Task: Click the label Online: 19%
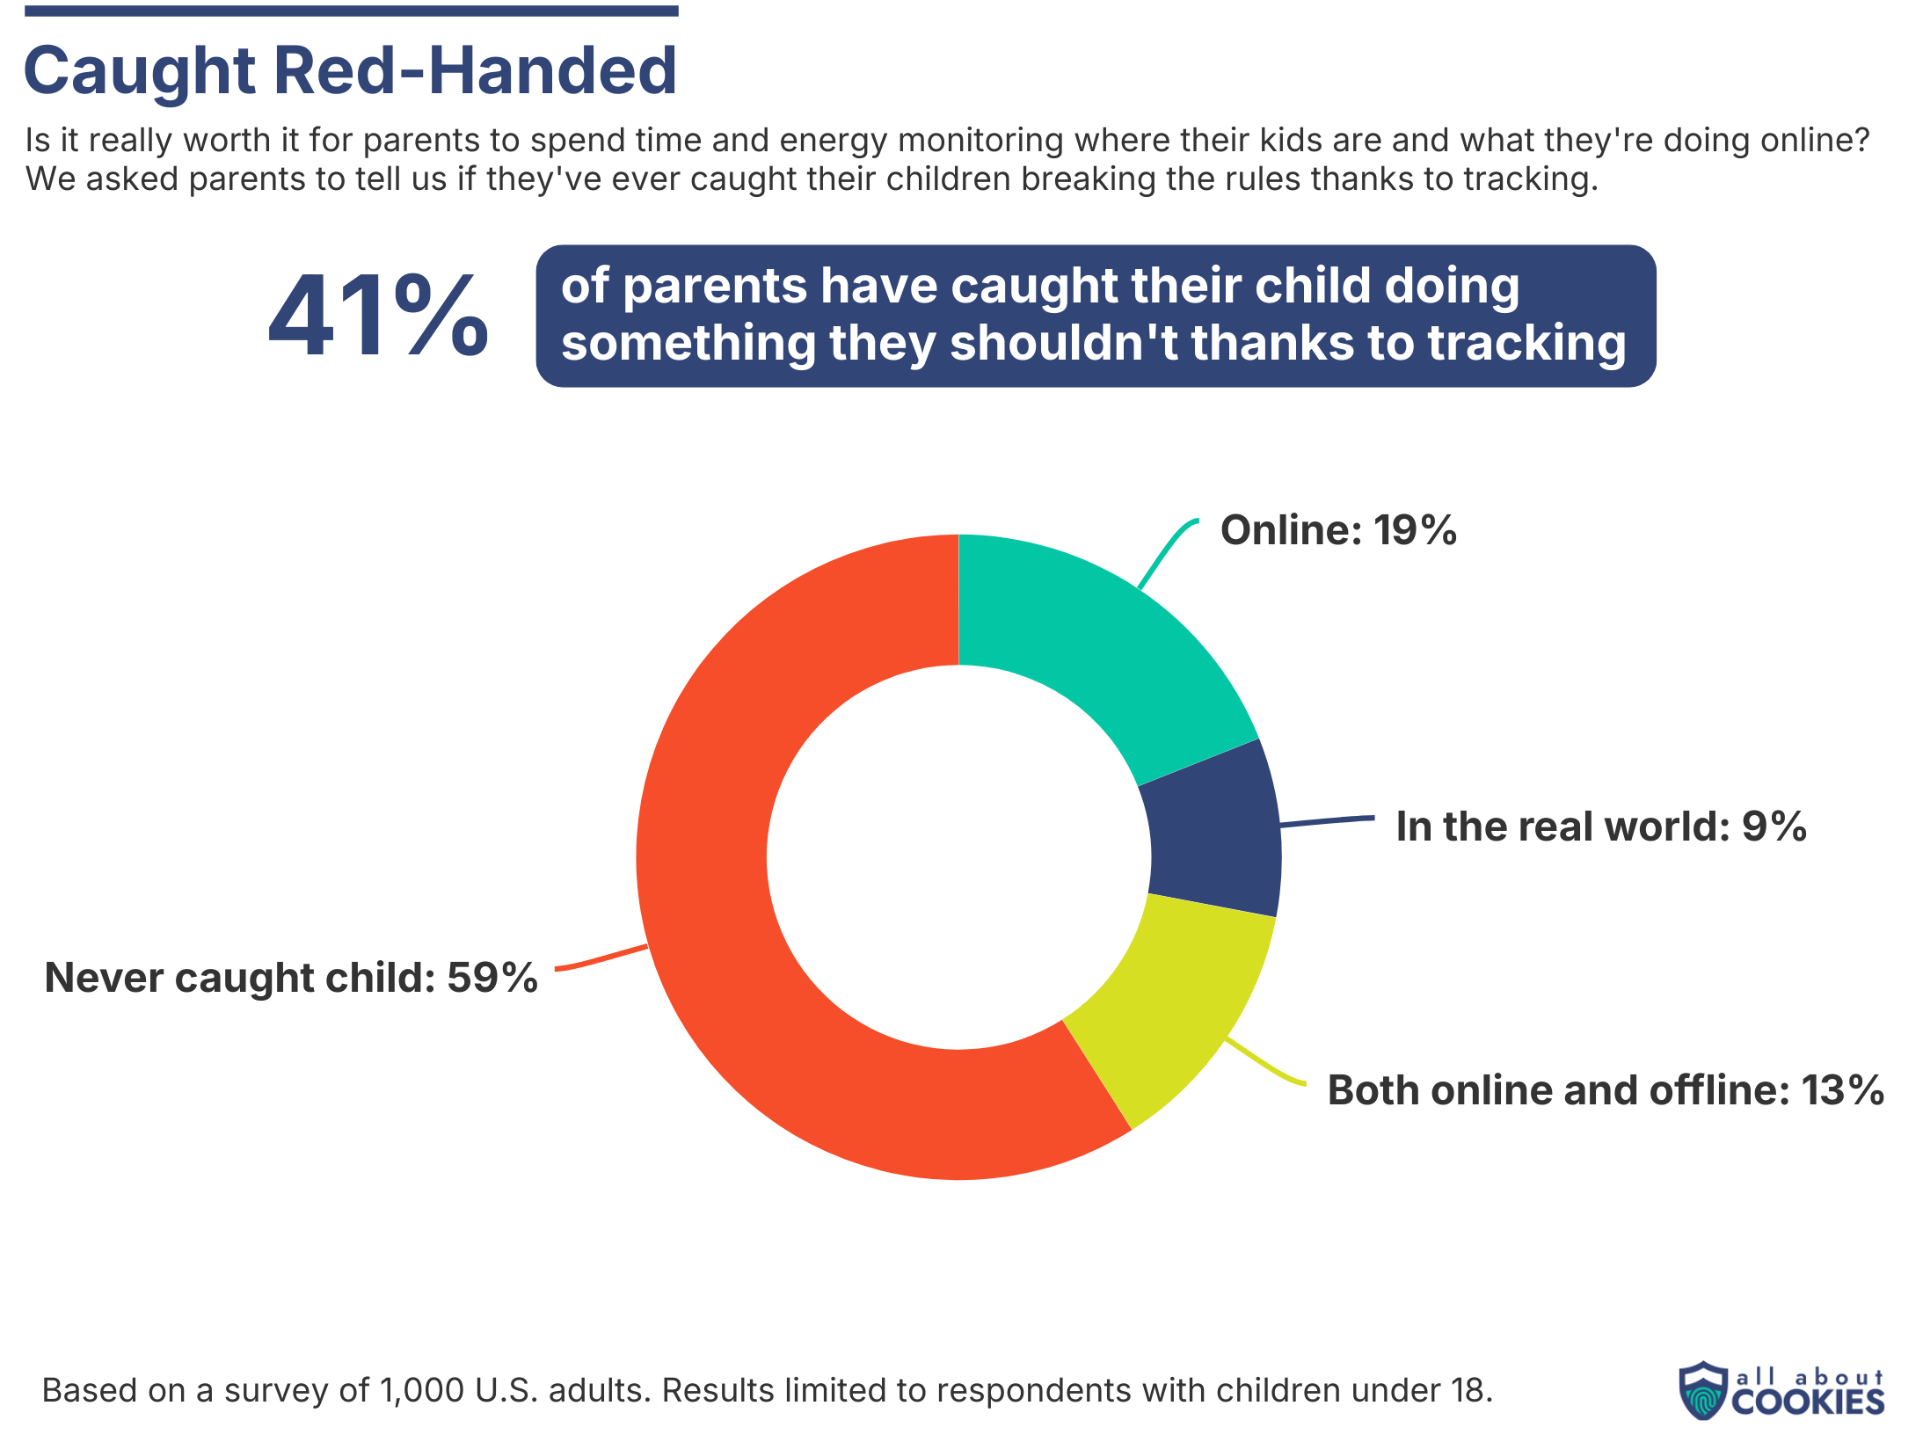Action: [1337, 530]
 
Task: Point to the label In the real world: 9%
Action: [1600, 827]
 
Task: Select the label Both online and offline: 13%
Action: [1605, 1090]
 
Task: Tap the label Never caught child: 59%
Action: [290, 978]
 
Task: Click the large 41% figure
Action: [378, 317]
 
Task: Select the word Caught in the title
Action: [141, 70]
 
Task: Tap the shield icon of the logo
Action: [1703, 1390]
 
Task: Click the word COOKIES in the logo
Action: [1808, 1402]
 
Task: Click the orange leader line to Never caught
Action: [602, 959]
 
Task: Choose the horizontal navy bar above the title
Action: [351, 11]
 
